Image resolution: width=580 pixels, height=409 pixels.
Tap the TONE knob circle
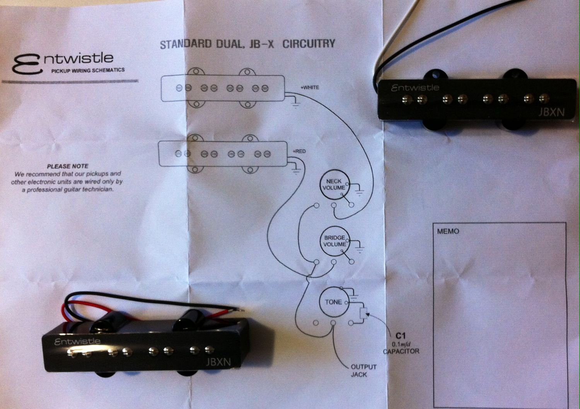[333, 302]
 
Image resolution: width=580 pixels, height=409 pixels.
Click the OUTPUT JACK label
[363, 370]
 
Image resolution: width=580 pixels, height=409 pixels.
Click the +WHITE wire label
[310, 87]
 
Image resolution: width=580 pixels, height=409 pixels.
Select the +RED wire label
[299, 151]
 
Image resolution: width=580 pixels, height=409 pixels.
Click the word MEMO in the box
[448, 232]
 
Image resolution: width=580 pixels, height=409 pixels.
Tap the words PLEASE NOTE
[68, 166]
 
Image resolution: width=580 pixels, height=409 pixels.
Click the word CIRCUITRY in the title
[309, 44]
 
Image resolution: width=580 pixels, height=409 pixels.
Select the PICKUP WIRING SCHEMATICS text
[88, 71]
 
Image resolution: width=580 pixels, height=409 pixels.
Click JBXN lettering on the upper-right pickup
[551, 112]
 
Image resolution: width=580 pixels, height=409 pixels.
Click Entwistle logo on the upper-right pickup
[415, 88]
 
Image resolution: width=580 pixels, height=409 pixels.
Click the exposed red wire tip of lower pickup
[241, 310]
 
